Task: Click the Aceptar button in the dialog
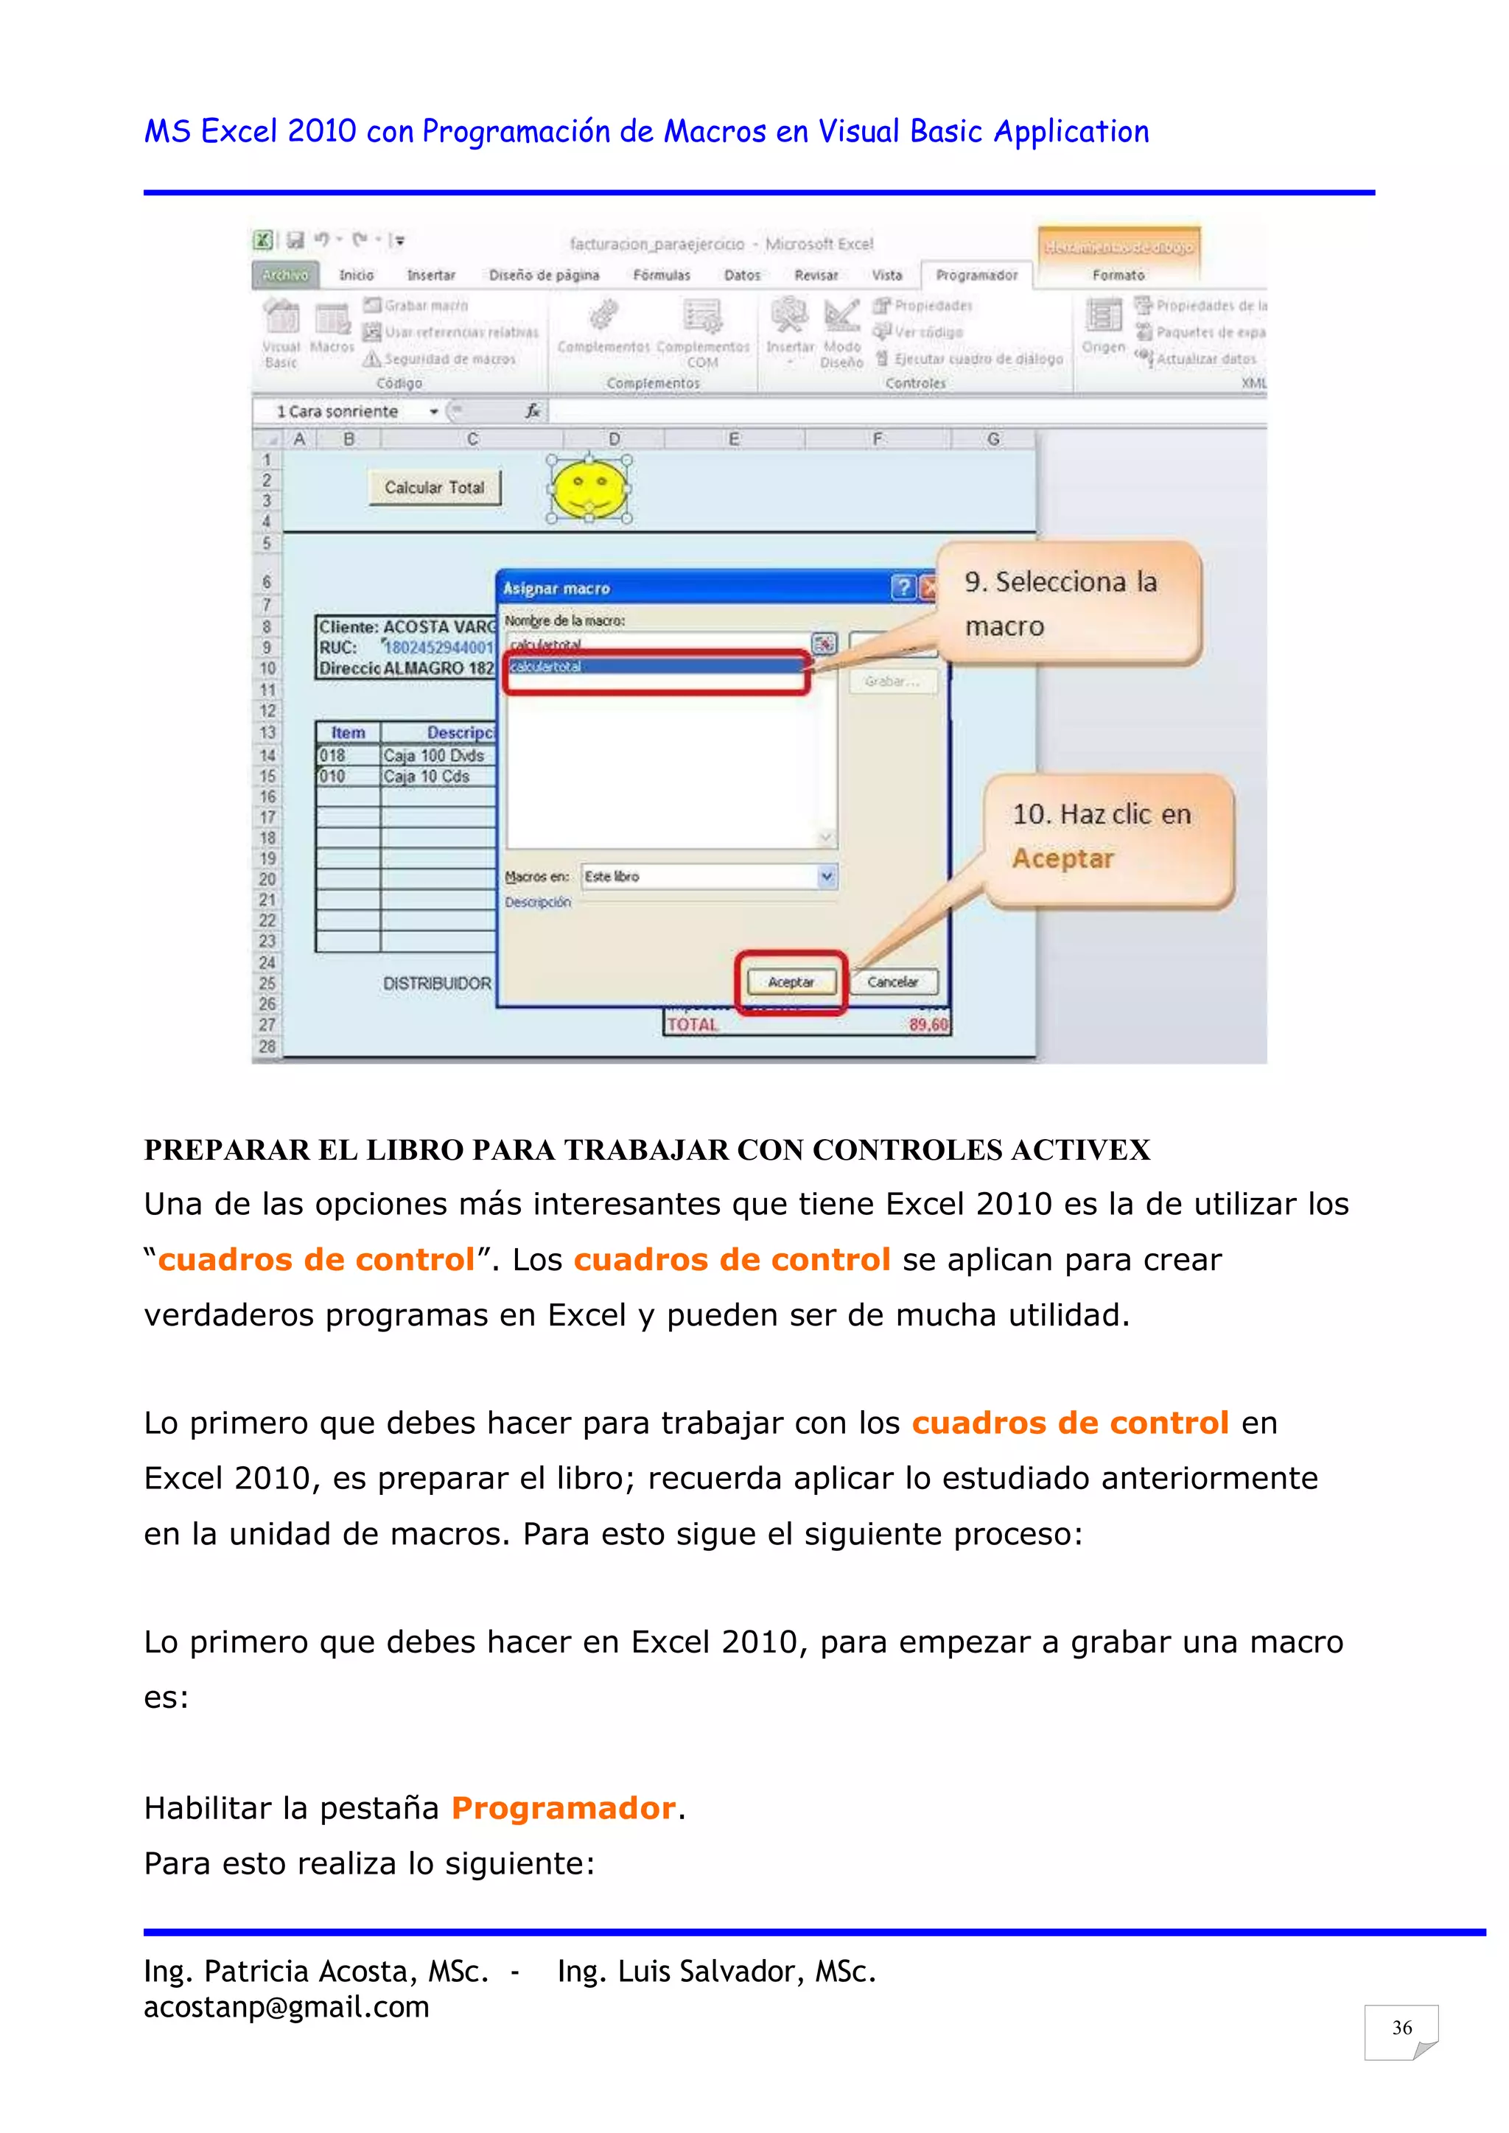tap(791, 982)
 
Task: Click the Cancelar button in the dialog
tap(892, 982)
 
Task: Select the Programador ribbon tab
tap(976, 275)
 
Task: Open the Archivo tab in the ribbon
tap(285, 275)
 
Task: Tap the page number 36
tap(1401, 2028)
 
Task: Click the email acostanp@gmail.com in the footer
tap(286, 2008)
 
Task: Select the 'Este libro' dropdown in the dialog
tap(708, 876)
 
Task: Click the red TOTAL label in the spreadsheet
tap(693, 1025)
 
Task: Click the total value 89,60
tap(928, 1025)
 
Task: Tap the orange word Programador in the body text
tap(563, 1808)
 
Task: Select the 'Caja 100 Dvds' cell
tap(434, 755)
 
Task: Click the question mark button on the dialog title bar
tap(903, 587)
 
